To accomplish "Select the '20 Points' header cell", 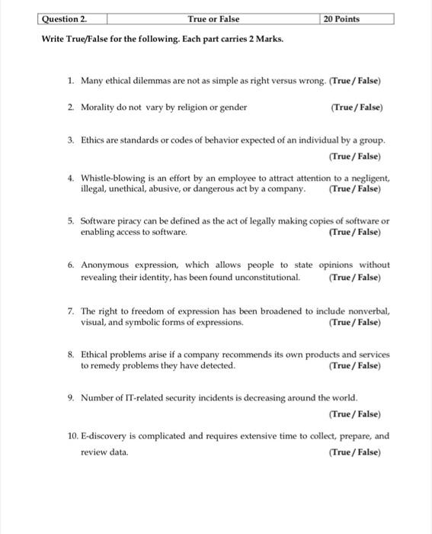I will tap(341, 18).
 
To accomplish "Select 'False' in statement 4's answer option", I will tap(367, 188).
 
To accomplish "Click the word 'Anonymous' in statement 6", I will tap(107, 265).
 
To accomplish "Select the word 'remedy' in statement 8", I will tap(106, 365).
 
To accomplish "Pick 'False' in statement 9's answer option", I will tap(367, 414).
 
